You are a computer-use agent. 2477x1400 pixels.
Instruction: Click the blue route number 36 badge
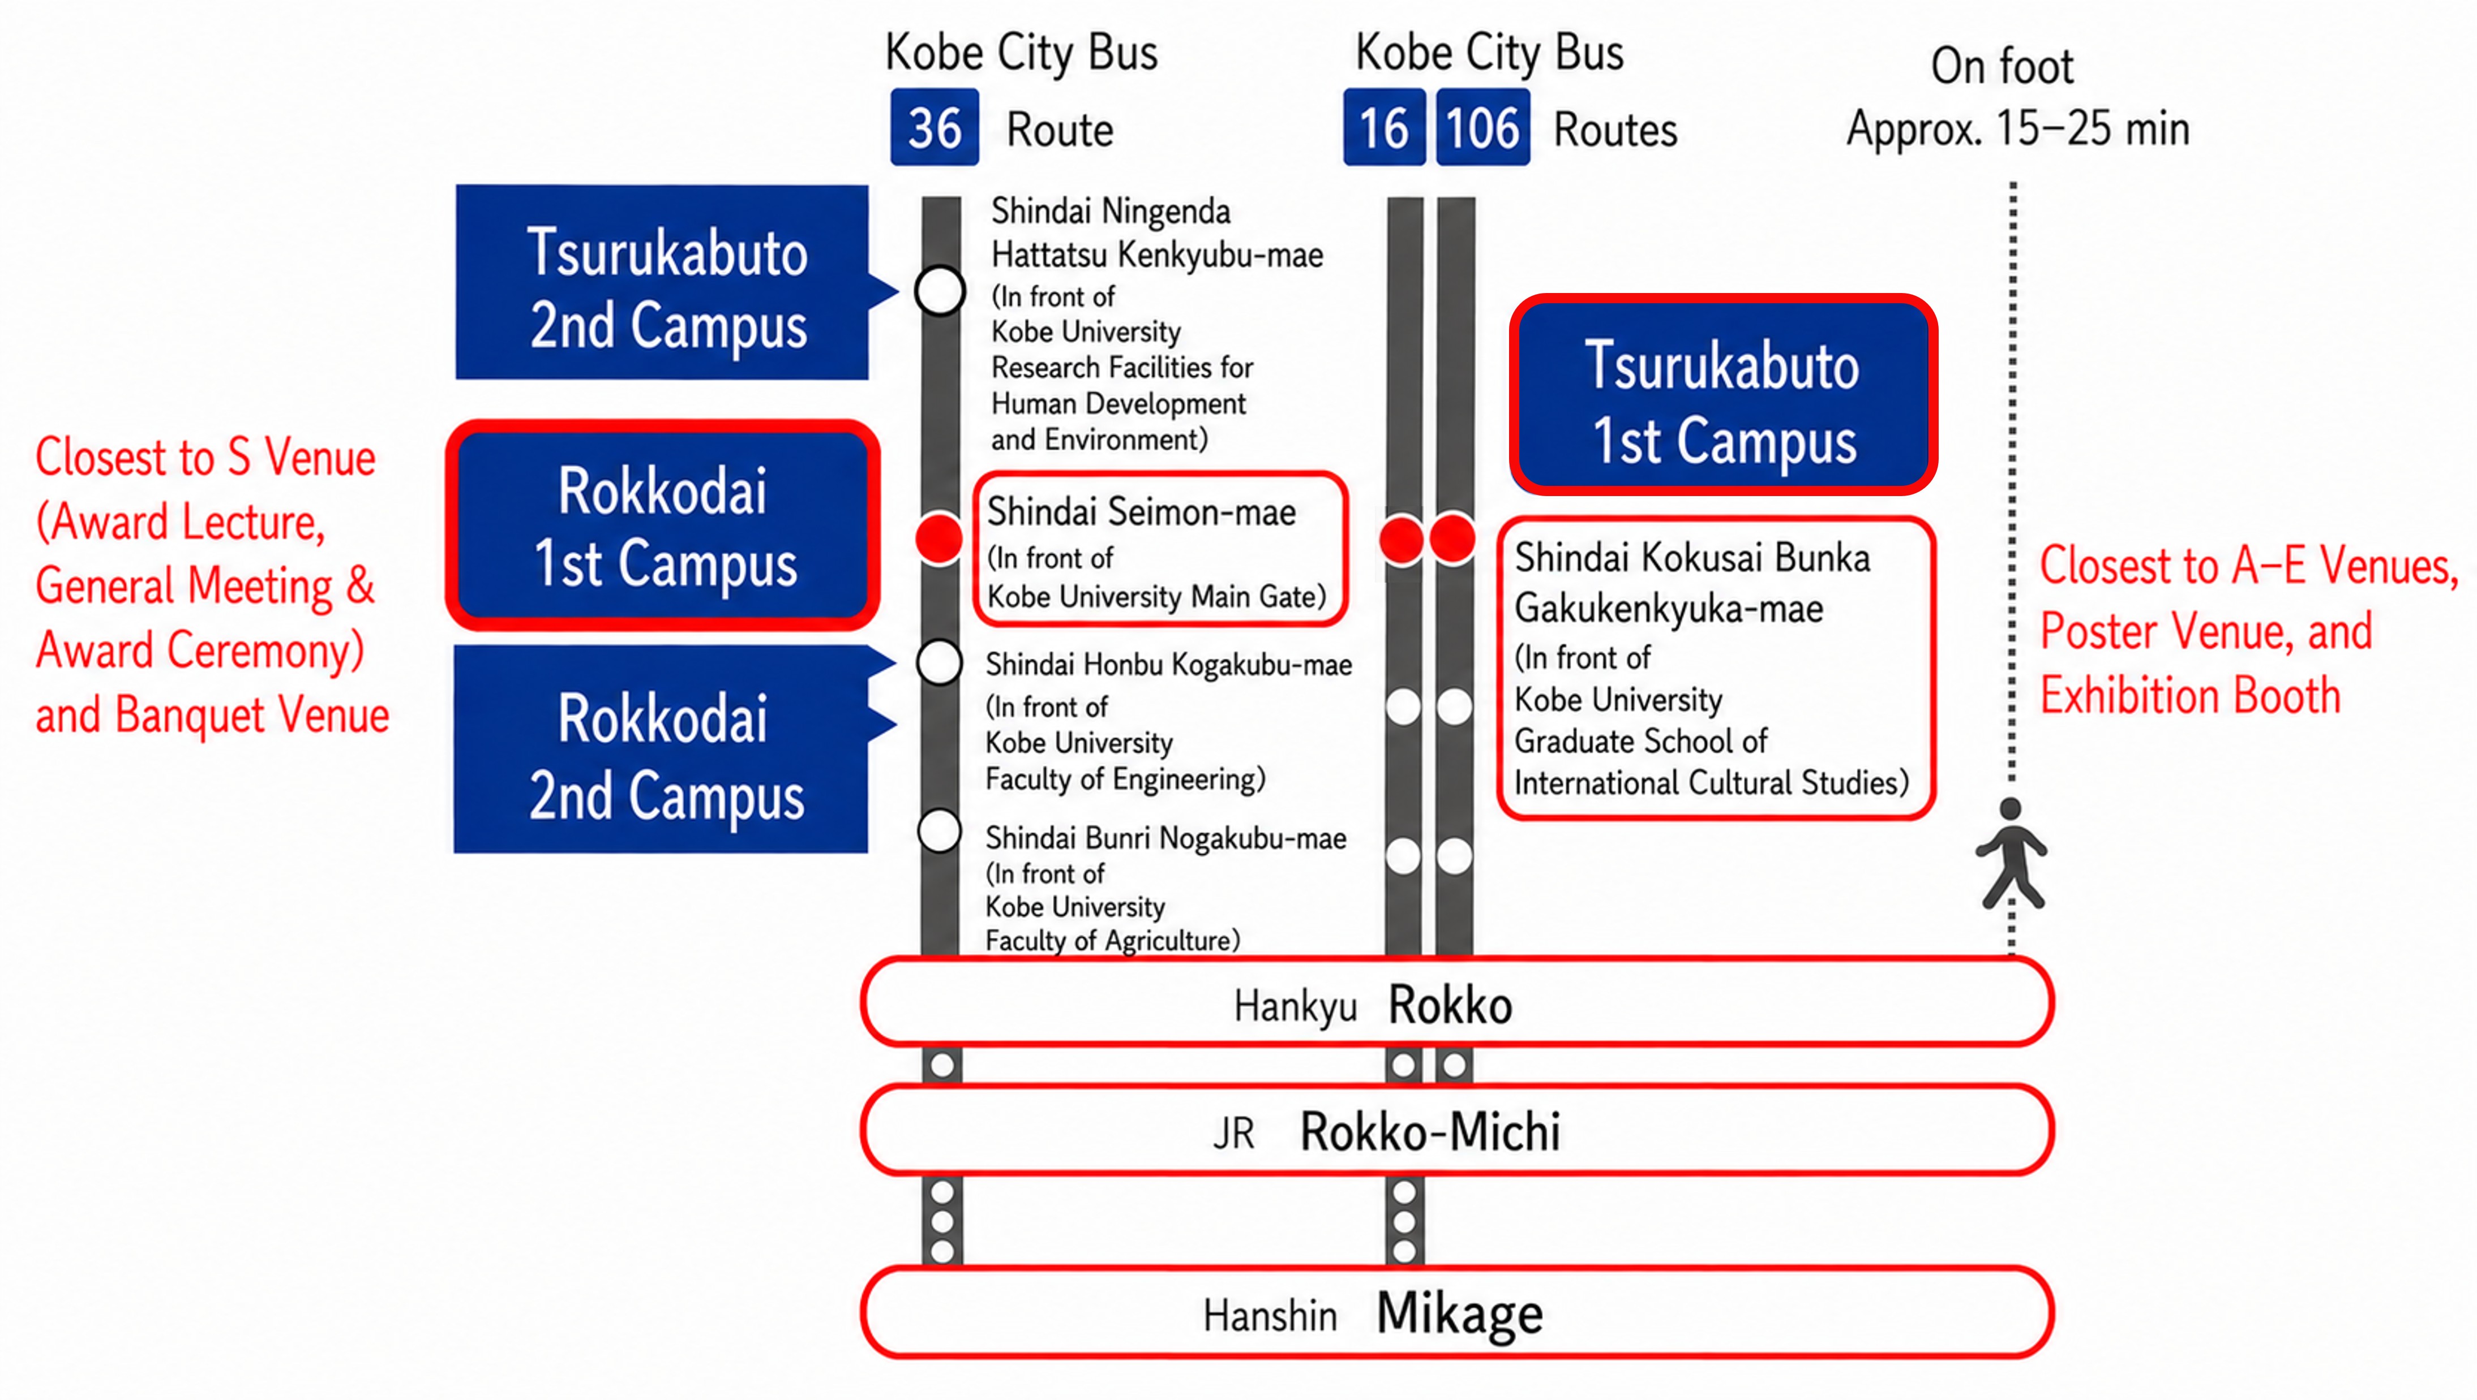[934, 128]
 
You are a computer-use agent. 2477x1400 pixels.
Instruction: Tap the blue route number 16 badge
[1384, 128]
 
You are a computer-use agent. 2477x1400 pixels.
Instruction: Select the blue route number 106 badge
[1482, 128]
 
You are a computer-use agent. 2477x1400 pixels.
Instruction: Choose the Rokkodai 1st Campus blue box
[663, 525]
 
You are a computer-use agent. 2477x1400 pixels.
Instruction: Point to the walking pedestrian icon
[2011, 854]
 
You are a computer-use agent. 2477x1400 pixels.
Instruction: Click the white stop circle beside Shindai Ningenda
[940, 290]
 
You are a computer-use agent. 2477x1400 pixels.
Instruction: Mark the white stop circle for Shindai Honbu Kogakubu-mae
[939, 662]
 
